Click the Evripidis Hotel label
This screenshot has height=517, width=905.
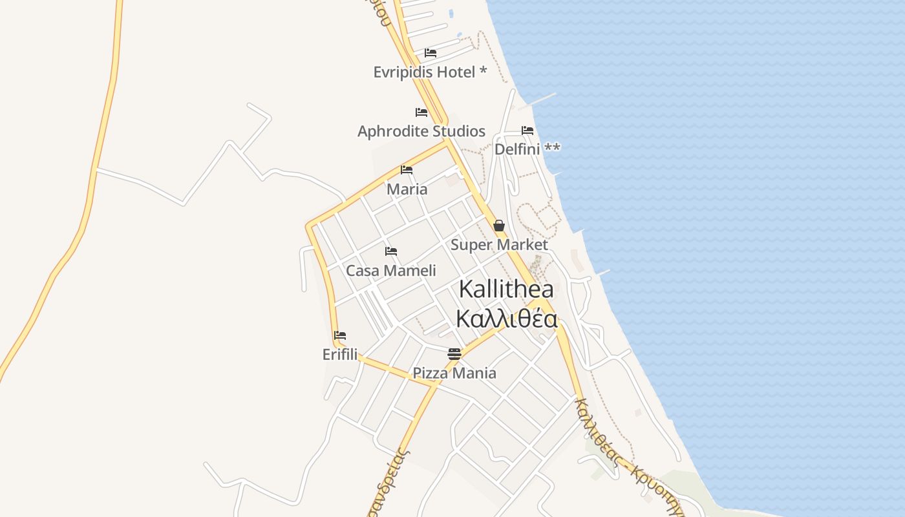point(424,72)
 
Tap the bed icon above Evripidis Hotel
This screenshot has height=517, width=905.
point(431,53)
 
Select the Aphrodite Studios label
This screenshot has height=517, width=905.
point(421,131)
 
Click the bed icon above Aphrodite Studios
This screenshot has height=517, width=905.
point(421,112)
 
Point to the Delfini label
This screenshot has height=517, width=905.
point(517,149)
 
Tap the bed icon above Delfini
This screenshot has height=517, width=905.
point(527,131)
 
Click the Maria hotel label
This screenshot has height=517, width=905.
point(407,189)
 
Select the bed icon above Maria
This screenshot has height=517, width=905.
point(407,170)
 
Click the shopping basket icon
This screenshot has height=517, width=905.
point(499,226)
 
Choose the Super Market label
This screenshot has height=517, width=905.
point(499,245)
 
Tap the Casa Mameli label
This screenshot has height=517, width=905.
point(391,271)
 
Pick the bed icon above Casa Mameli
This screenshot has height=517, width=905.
point(391,251)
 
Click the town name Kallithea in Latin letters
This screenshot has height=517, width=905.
point(506,290)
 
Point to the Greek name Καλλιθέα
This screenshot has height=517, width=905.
point(506,319)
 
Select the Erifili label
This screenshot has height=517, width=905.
point(340,354)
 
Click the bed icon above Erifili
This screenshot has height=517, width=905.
point(340,335)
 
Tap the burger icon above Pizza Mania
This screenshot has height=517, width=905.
point(454,353)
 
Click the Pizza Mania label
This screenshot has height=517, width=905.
point(454,373)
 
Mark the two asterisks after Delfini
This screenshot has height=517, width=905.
point(552,148)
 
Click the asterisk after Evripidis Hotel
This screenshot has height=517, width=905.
point(483,70)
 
